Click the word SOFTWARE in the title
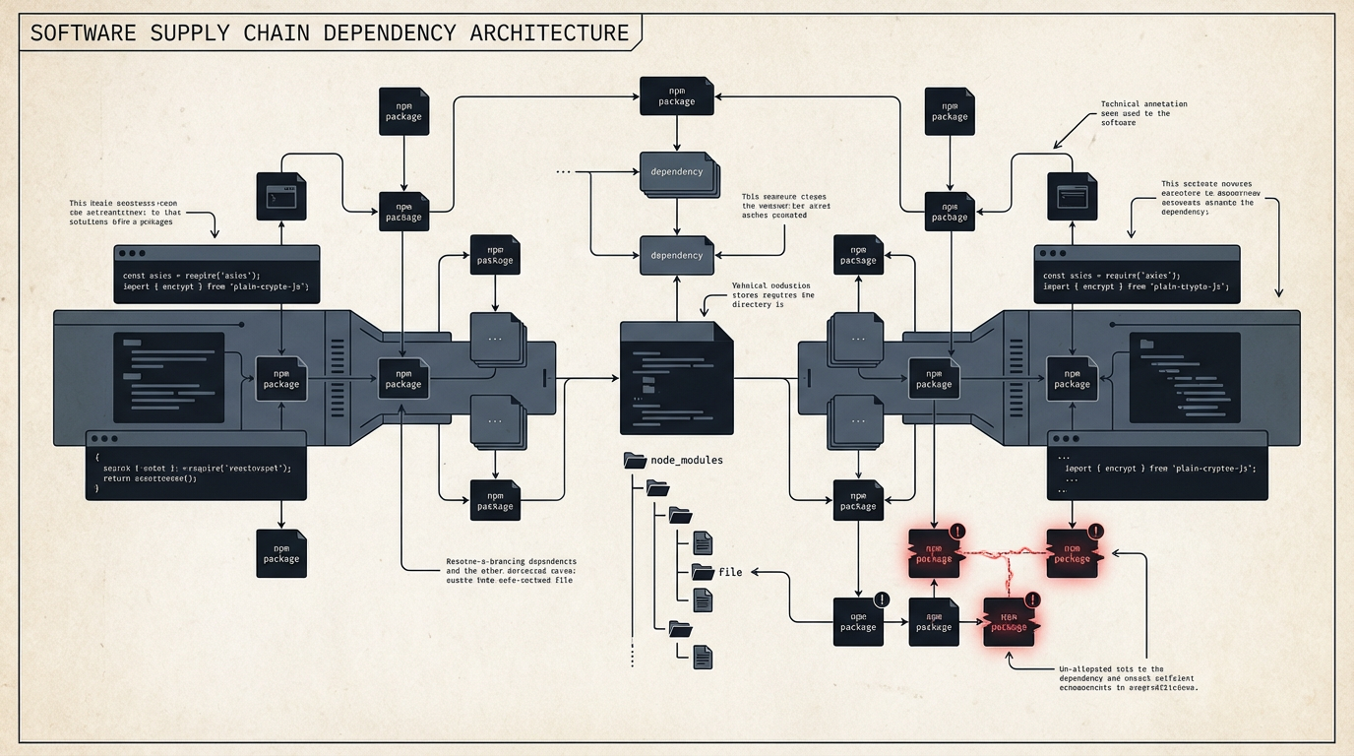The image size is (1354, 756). point(84,32)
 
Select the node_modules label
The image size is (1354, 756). point(687,460)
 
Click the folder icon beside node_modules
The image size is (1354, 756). point(635,460)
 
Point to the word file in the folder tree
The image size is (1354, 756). point(730,572)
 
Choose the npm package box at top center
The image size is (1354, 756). point(676,95)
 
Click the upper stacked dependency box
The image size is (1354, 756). point(677,171)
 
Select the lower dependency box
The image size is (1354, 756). point(676,255)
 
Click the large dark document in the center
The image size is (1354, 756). point(676,378)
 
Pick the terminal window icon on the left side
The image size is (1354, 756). point(280,196)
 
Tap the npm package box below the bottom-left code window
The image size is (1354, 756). point(280,553)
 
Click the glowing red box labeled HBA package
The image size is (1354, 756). point(1009,621)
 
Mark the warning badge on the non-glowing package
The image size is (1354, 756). point(881,598)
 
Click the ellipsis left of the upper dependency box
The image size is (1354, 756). point(563,171)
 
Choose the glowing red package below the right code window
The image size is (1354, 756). point(1072,553)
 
